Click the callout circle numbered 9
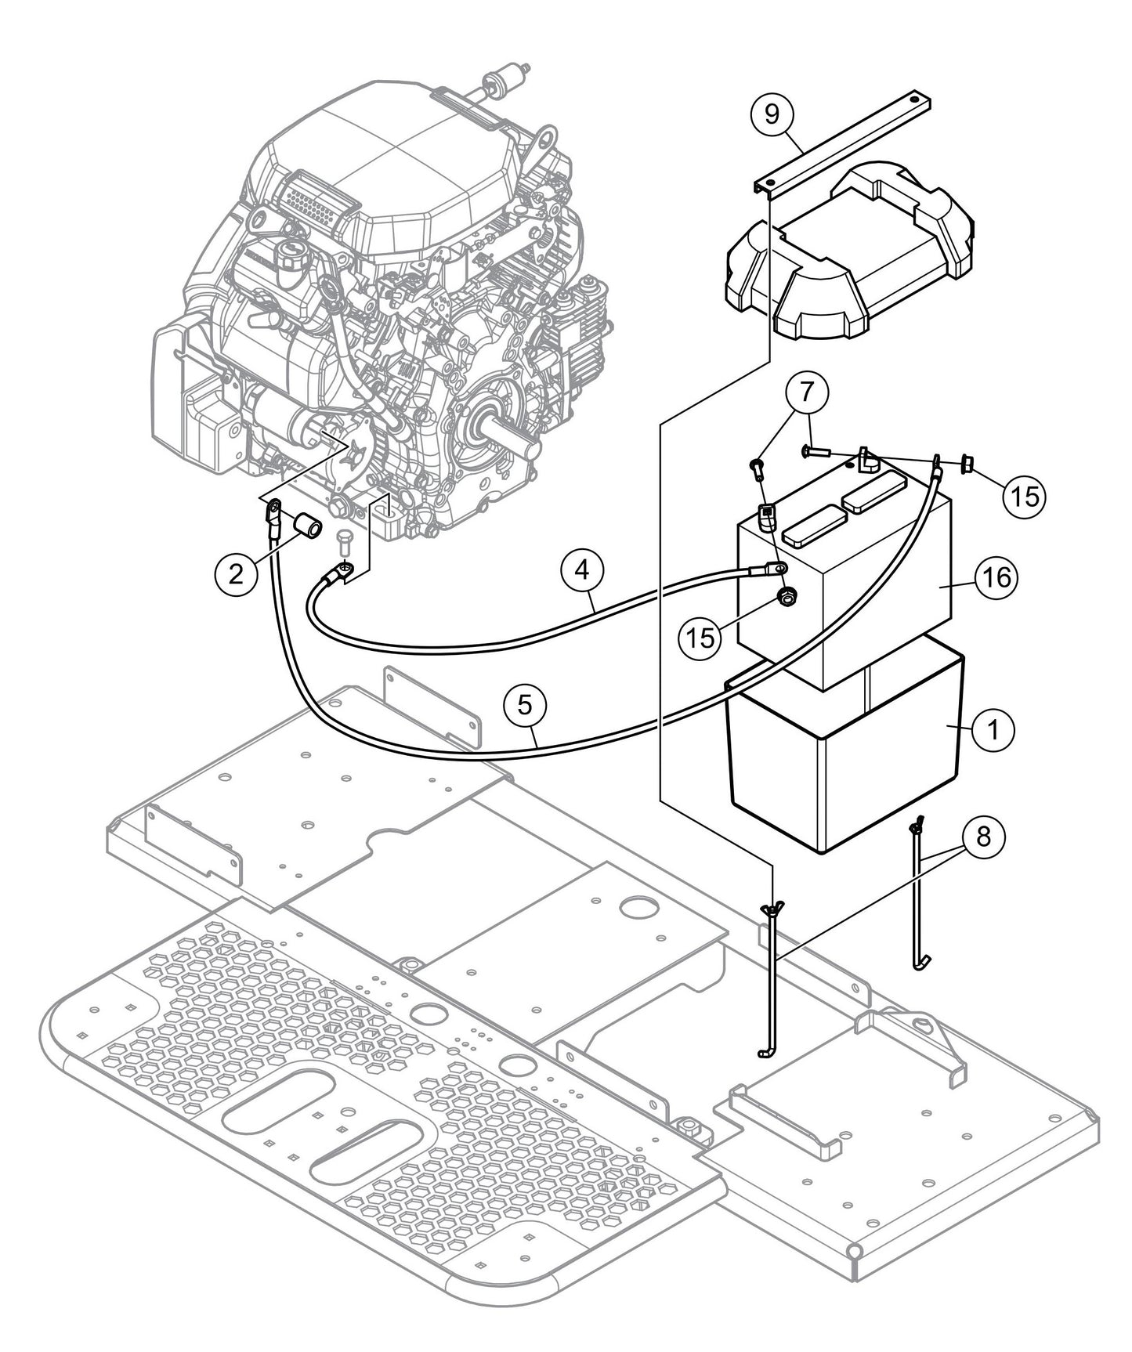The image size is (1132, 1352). point(772,114)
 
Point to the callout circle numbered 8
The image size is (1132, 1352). point(984,837)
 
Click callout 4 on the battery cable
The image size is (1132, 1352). point(581,570)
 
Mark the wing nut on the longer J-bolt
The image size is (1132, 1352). point(772,910)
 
